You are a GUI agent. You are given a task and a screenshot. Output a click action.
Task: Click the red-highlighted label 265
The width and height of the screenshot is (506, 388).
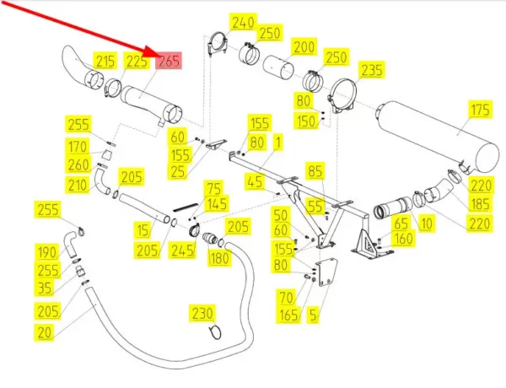click(169, 61)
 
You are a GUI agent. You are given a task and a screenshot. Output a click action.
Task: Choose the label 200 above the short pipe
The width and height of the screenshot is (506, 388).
click(304, 46)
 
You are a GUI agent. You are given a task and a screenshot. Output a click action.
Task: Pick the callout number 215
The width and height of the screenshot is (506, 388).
click(105, 61)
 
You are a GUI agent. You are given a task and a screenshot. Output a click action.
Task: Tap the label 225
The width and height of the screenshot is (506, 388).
click(137, 61)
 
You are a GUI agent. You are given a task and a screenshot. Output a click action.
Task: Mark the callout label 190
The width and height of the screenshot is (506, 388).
click(46, 252)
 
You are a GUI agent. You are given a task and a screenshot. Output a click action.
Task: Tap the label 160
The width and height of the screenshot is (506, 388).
click(403, 239)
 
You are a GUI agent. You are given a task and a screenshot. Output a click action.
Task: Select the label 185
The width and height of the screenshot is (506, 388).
click(480, 203)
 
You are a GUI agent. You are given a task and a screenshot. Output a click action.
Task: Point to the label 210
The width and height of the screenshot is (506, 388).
click(78, 185)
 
